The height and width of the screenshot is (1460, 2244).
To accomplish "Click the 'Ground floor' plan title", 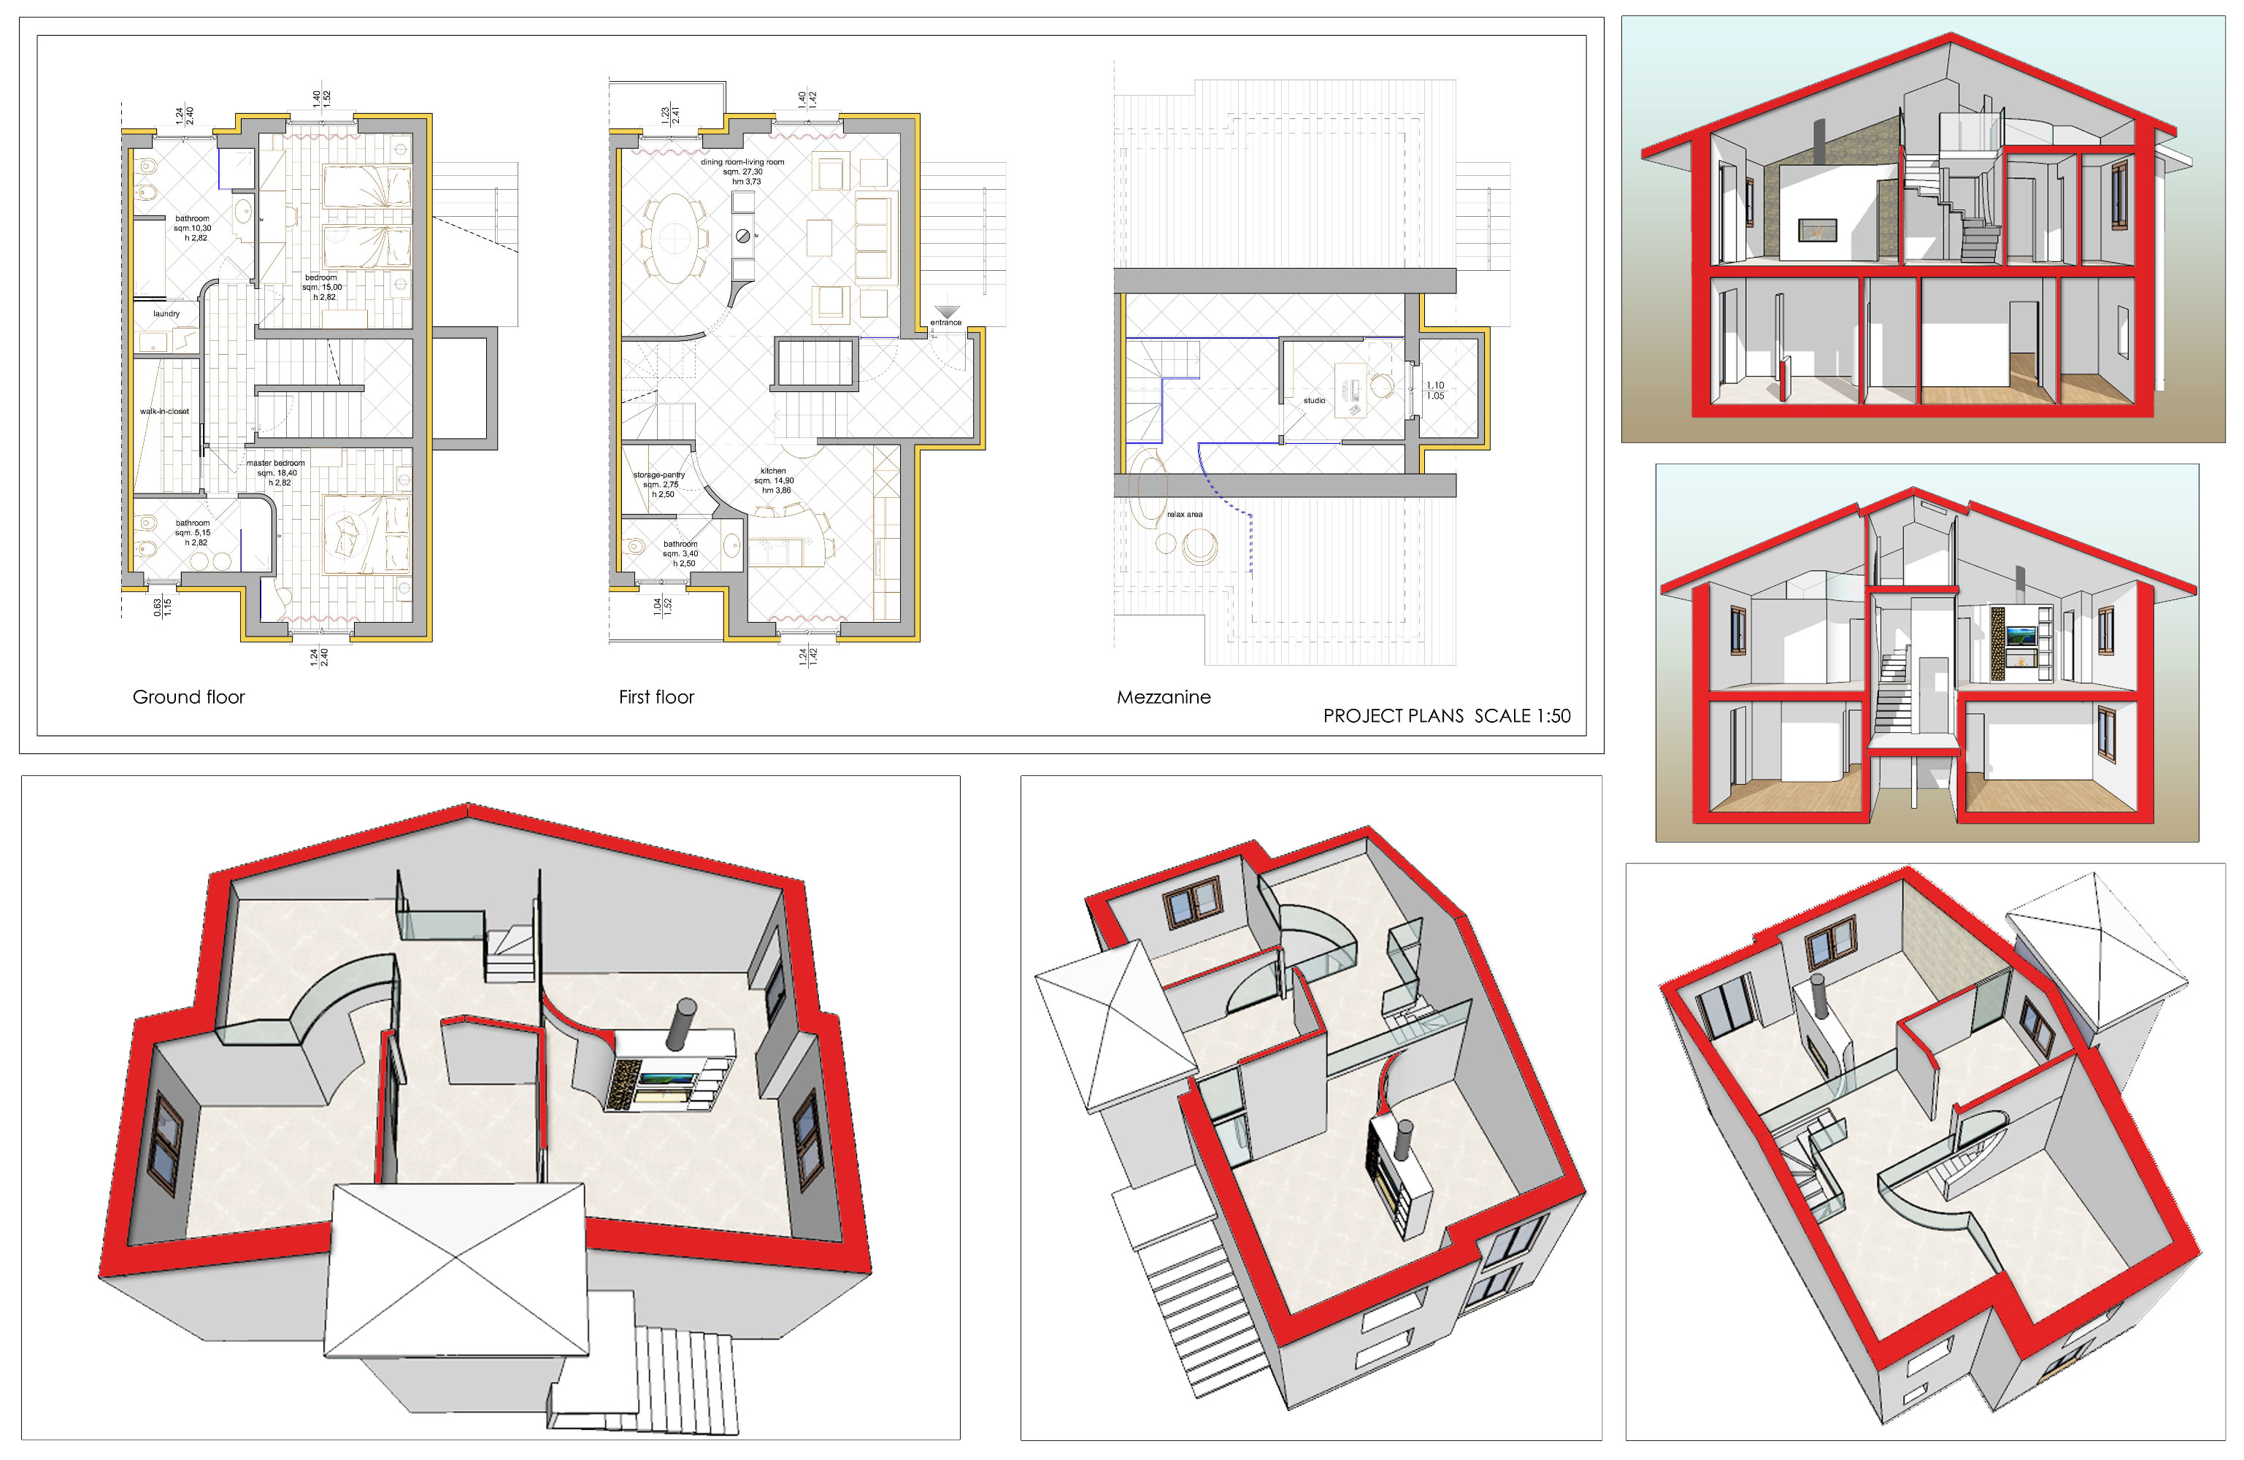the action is [x=188, y=697].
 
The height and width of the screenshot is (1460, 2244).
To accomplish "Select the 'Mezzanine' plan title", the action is [x=1164, y=697].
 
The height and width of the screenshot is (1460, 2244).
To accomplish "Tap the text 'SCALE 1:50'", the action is [x=1523, y=716].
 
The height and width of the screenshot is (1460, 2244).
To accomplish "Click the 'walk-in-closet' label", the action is [x=165, y=411].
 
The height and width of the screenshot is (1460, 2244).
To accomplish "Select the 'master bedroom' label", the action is [x=276, y=463].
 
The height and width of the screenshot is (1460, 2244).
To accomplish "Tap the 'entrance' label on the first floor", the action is [x=945, y=323].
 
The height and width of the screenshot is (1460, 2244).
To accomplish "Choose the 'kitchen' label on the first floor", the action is [x=773, y=471].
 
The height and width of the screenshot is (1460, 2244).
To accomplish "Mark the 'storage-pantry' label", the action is [x=659, y=475].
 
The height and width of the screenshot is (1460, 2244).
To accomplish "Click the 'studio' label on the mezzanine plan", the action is [x=1314, y=401].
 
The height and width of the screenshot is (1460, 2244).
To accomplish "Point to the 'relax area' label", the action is [x=1184, y=514].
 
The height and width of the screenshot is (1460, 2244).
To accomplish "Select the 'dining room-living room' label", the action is [x=742, y=162].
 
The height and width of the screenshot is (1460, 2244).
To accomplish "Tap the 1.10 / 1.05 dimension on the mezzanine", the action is [x=1435, y=391].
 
